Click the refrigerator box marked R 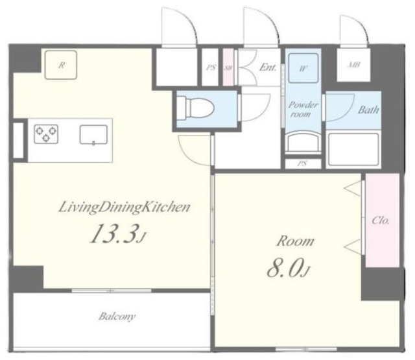(61, 65)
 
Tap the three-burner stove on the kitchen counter (46, 134)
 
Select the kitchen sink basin (93, 135)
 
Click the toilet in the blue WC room (195, 108)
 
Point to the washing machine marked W (303, 68)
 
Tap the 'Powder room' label (303, 110)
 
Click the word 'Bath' (368, 110)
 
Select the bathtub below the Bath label (353, 150)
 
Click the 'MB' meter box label (353, 65)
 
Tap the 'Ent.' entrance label (268, 67)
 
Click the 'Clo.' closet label (381, 221)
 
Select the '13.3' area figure (115, 234)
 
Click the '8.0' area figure (285, 267)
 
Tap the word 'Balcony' (117, 317)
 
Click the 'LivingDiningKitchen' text (124, 208)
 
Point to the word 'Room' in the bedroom (296, 241)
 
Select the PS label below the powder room (302, 163)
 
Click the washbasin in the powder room (303, 143)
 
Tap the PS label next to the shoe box (211, 67)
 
